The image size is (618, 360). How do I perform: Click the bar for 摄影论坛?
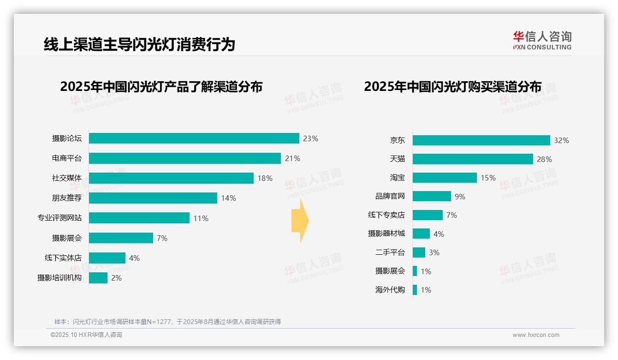click(194, 138)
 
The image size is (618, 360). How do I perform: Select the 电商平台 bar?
click(184, 158)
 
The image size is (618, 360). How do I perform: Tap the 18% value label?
click(265, 178)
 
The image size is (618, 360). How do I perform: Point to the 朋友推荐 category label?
click(66, 198)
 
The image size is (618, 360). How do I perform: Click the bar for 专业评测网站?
click(139, 218)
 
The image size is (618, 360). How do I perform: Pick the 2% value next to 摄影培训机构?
click(116, 278)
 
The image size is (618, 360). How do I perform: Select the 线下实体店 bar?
click(107, 258)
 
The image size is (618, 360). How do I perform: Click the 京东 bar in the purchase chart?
click(481, 140)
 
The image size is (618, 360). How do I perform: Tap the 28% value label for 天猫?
click(544, 159)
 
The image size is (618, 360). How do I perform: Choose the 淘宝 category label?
click(397, 178)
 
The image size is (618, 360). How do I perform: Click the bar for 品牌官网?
click(432, 196)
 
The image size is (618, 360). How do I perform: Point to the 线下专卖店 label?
click(386, 215)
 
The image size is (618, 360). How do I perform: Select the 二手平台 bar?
click(419, 252)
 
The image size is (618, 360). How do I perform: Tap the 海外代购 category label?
click(390, 290)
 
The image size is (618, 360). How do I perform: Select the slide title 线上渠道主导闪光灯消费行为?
click(139, 44)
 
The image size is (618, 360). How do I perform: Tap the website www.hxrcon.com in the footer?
click(536, 335)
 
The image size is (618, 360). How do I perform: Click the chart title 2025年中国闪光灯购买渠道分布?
click(452, 87)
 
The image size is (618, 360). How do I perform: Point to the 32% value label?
click(561, 140)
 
